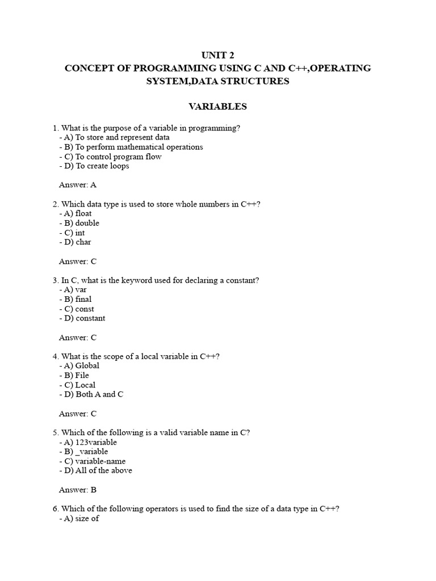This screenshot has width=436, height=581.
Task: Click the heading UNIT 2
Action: pyautogui.click(x=218, y=55)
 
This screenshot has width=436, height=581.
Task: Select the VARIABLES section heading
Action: pyautogui.click(x=218, y=106)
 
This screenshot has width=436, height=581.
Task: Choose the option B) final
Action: pyautogui.click(x=77, y=299)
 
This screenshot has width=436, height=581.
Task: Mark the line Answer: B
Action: pyautogui.click(x=78, y=490)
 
